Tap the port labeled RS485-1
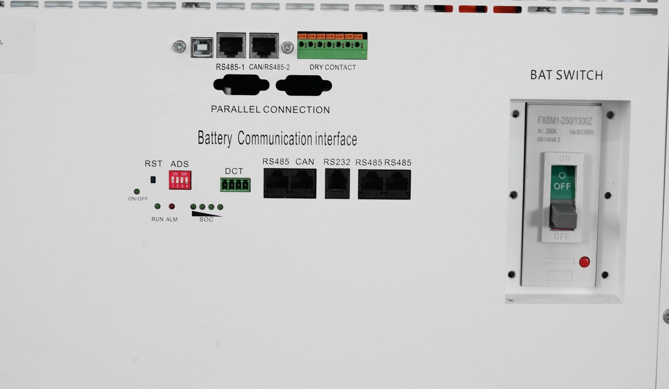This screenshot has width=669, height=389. (x=231, y=46)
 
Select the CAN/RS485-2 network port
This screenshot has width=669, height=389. (x=264, y=46)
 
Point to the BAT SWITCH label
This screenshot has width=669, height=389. (x=566, y=75)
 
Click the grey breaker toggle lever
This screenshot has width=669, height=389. (x=562, y=214)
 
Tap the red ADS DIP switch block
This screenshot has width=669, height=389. (x=180, y=180)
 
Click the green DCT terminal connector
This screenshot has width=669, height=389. (x=235, y=185)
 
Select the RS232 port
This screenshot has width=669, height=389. (x=337, y=184)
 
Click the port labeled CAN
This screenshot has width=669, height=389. (x=303, y=184)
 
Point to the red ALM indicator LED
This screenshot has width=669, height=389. (x=171, y=206)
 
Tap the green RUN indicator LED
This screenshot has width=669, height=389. (x=157, y=206)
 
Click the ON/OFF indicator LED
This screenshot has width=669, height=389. (x=137, y=192)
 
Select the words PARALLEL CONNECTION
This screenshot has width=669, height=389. (x=270, y=110)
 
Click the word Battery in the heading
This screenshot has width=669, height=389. (x=215, y=139)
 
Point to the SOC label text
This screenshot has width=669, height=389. (x=206, y=219)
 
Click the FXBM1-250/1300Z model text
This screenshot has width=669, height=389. (x=565, y=121)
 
